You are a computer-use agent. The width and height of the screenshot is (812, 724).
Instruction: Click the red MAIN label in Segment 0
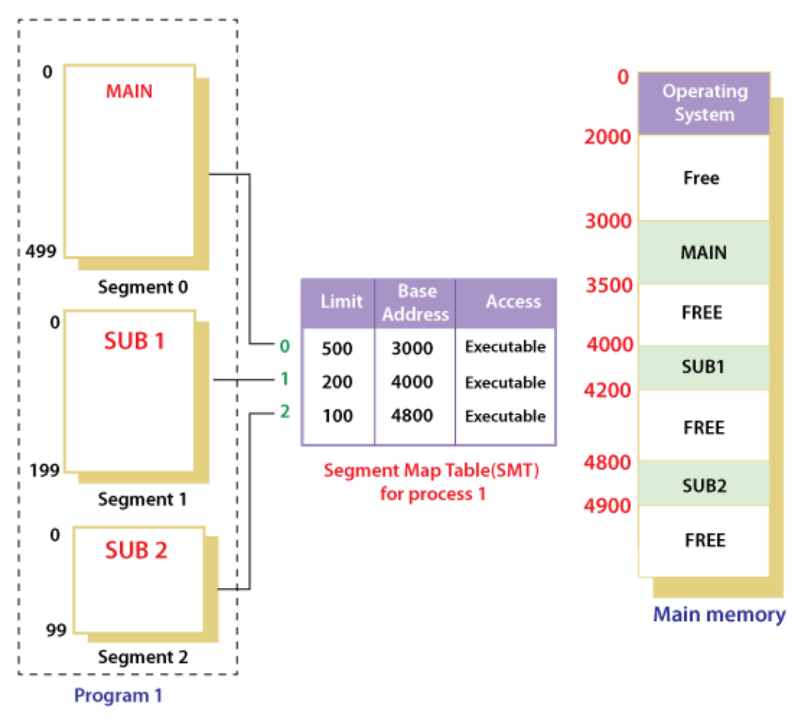click(x=129, y=91)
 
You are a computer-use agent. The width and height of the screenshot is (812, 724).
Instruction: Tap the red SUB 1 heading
click(x=134, y=341)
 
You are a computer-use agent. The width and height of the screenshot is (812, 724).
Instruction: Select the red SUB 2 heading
click(x=136, y=550)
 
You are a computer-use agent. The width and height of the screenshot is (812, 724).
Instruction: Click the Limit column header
click(x=341, y=302)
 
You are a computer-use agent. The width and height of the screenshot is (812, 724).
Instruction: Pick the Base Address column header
click(x=416, y=302)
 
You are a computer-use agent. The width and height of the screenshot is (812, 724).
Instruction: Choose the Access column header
click(x=513, y=302)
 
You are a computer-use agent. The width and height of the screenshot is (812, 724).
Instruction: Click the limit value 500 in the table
click(x=337, y=349)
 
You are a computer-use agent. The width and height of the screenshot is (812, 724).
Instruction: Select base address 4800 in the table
click(x=412, y=416)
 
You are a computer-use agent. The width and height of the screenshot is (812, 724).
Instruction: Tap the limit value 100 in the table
click(x=337, y=416)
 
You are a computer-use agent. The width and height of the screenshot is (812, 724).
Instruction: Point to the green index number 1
click(x=285, y=379)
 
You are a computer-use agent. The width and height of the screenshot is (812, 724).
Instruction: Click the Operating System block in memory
click(x=704, y=103)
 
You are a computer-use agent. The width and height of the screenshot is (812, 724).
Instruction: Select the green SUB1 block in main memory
click(x=703, y=367)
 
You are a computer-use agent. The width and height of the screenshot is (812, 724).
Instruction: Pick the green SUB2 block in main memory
click(x=704, y=486)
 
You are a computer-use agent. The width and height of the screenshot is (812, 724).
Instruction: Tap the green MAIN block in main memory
click(x=703, y=252)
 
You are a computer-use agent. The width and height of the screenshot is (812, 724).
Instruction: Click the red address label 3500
click(x=608, y=286)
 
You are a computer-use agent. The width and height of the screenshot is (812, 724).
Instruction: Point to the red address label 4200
click(x=607, y=390)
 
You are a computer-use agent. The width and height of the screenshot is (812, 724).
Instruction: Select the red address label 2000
click(x=607, y=137)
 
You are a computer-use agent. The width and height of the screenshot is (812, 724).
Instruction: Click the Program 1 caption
click(x=118, y=696)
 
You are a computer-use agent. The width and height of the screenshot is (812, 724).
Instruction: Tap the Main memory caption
click(x=719, y=615)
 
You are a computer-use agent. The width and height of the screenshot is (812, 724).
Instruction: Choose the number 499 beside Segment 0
click(x=41, y=252)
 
